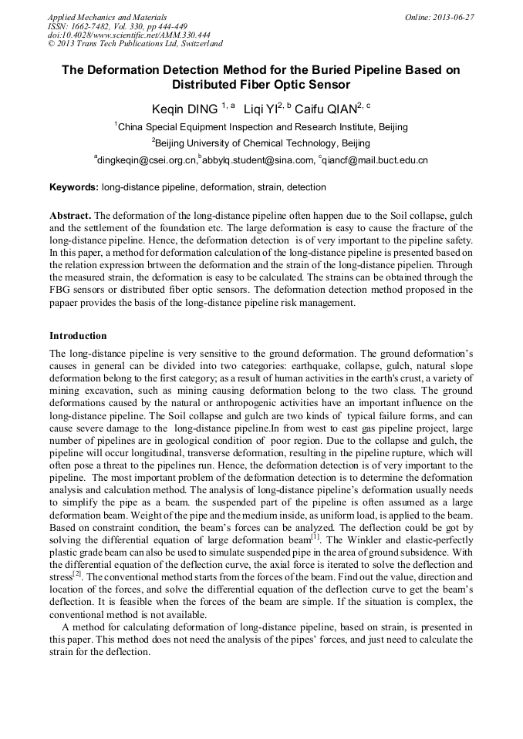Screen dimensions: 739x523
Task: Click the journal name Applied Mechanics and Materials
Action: (106, 16)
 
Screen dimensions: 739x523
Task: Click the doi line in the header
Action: (128, 35)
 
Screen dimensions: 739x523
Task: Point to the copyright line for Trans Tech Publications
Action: (135, 44)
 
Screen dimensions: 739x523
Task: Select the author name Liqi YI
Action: (260, 109)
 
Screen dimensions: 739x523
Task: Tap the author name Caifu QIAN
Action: (326, 109)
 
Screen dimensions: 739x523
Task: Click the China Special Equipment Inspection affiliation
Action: (262, 126)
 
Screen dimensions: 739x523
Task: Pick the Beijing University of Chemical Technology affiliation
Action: (262, 143)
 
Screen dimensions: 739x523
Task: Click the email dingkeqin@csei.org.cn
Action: (145, 160)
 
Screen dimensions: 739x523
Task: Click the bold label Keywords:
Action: (74, 187)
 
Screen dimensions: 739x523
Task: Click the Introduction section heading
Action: (78, 336)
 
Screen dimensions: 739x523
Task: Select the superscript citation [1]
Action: (315, 534)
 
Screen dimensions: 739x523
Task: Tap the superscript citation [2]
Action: (77, 573)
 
